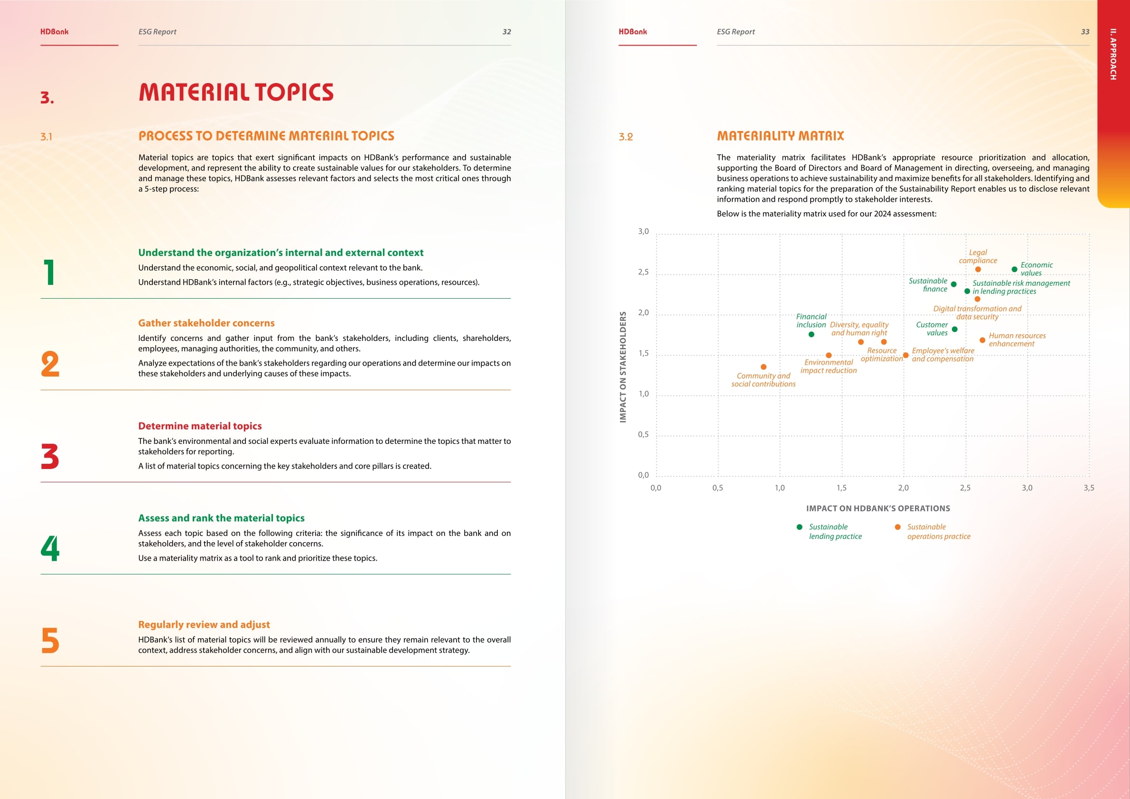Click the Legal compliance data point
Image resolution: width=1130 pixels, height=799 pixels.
[x=978, y=269]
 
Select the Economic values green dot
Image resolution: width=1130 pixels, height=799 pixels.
[x=1014, y=269]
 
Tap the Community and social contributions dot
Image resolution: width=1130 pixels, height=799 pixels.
[x=763, y=367]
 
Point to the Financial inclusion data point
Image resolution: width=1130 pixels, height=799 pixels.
[x=811, y=334]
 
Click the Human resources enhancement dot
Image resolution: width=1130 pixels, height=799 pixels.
[x=982, y=340]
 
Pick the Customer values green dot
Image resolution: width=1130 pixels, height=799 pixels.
[x=954, y=329]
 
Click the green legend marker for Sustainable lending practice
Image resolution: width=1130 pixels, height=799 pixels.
[x=799, y=527]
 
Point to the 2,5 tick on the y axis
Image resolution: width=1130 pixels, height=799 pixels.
[x=643, y=272]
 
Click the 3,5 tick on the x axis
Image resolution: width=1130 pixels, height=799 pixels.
[x=1089, y=488]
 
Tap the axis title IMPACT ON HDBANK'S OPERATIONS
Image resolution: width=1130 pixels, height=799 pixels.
[x=878, y=508]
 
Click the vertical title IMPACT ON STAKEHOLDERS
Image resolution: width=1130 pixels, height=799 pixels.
[x=623, y=367]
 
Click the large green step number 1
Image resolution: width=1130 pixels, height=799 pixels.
[x=49, y=272]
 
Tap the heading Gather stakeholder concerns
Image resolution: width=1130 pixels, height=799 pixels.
[x=206, y=323]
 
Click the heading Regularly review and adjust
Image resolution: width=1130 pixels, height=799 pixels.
[x=204, y=624]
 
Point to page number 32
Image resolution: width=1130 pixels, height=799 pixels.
[x=506, y=32]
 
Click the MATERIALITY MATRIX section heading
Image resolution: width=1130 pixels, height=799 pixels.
[x=780, y=136]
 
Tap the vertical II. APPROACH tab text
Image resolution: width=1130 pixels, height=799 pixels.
[x=1113, y=54]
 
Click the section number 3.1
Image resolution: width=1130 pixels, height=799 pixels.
[x=46, y=137]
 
